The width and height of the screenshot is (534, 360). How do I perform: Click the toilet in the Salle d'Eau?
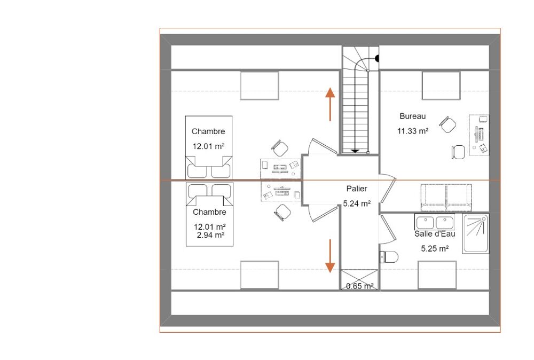389,257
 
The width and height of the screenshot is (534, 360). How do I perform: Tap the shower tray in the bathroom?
476,233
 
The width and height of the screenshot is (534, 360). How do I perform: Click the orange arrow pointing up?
330,104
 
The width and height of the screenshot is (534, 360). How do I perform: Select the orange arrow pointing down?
330,256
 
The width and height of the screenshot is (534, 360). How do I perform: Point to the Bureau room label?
413,116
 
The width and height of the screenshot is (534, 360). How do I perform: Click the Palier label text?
357,189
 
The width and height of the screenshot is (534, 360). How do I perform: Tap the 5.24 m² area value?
357,204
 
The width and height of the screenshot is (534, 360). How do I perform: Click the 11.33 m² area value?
413,131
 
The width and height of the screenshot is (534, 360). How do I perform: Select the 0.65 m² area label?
359,286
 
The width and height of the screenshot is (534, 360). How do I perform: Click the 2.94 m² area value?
210,234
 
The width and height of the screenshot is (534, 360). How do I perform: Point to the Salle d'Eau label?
435,234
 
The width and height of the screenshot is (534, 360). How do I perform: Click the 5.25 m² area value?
435,248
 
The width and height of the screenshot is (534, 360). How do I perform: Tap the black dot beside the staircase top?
377,59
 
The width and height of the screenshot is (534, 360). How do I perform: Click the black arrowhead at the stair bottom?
355,151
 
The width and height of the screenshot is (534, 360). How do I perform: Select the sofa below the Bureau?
446,198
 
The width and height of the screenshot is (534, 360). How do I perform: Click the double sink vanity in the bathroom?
435,222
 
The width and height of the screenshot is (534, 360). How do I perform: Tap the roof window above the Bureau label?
441,85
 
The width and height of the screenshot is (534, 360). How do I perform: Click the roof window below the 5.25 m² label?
437,275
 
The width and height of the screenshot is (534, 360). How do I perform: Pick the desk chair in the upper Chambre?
280,148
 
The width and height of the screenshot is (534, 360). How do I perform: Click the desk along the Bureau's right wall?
479,135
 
